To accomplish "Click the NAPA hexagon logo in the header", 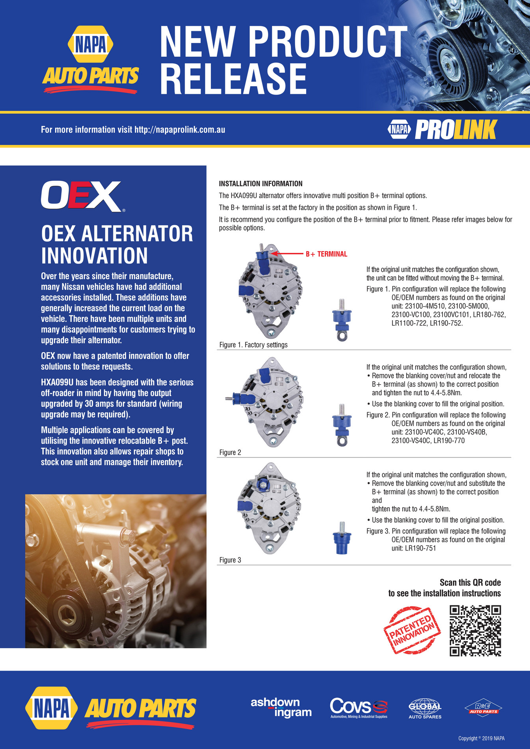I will pos(91,44).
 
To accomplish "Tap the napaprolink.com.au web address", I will pos(180,130).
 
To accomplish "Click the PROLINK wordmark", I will pos(456,130).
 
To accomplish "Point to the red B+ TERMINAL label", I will pos(326,254).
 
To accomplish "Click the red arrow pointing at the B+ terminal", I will pos(287,254).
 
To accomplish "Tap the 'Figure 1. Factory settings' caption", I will pos(253,345).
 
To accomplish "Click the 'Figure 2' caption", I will pos(230,452).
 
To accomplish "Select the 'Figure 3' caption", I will pos(230,560).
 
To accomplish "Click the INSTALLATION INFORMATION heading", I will pos(260,184).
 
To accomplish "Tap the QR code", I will pos(475,631).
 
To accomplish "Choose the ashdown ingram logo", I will pos(281,707).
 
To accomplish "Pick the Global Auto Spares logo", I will pos(425,708).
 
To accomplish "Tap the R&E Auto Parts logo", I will pos(483,708).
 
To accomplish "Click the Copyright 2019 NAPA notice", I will pos(481,738).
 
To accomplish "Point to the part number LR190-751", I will pos(414,549).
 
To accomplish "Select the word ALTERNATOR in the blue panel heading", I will pos(137,234).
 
